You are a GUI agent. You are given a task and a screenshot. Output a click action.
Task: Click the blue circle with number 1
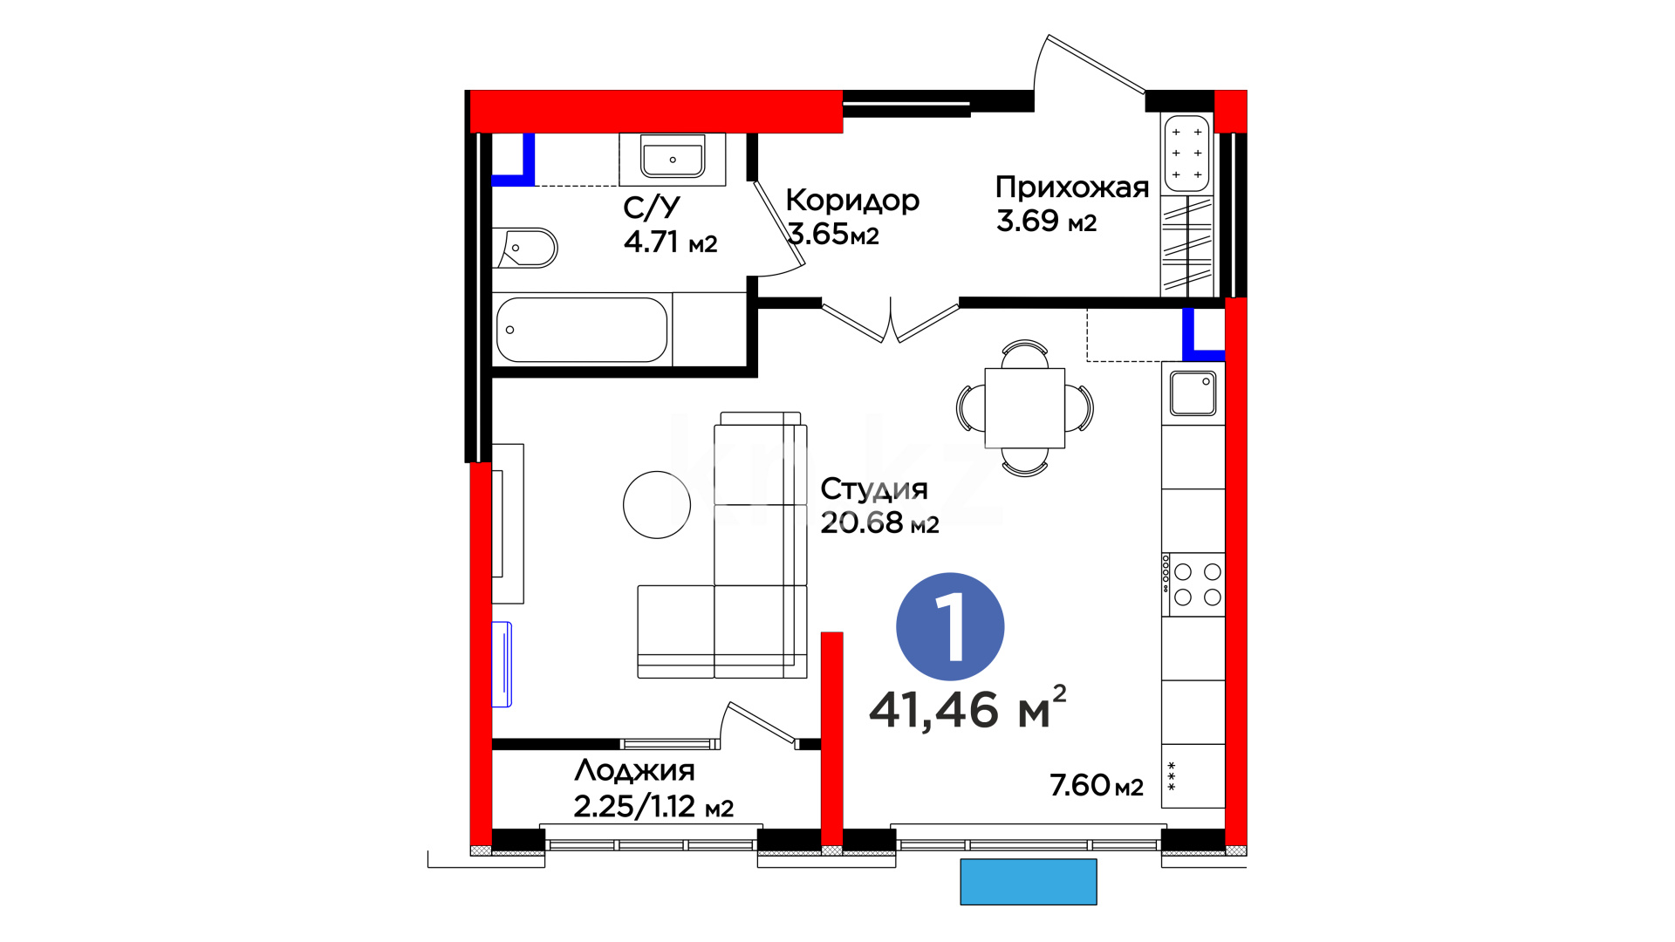pos(950,626)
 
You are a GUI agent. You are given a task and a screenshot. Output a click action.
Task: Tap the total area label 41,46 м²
pos(967,707)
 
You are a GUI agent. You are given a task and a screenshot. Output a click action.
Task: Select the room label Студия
pos(874,490)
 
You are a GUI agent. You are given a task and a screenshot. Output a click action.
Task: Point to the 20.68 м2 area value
pos(879,522)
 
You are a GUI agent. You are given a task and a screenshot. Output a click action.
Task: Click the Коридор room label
pos(852,201)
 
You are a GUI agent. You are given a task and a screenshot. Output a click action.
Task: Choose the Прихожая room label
pos(1072,188)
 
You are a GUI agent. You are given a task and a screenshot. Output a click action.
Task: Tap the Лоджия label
pos(634,771)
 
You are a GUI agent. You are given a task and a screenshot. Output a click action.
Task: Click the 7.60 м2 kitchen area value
pos(1097,785)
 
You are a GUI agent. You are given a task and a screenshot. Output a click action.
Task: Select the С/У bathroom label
pos(651,208)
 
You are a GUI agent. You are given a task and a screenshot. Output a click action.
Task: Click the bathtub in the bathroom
pos(582,330)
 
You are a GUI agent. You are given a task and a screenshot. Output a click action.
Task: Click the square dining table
pos(1025,408)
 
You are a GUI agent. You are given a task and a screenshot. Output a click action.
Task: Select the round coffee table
pos(657,504)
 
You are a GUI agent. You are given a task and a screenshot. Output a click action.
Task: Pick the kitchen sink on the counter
pos(1193,393)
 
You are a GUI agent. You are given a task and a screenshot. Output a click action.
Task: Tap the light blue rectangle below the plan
pos(1029,882)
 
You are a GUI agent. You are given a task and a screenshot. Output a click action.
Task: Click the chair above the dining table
pos(1025,353)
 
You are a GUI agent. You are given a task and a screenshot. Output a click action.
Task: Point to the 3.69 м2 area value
pos(1046,221)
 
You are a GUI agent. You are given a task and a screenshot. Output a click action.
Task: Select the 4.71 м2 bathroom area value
pos(670,242)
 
